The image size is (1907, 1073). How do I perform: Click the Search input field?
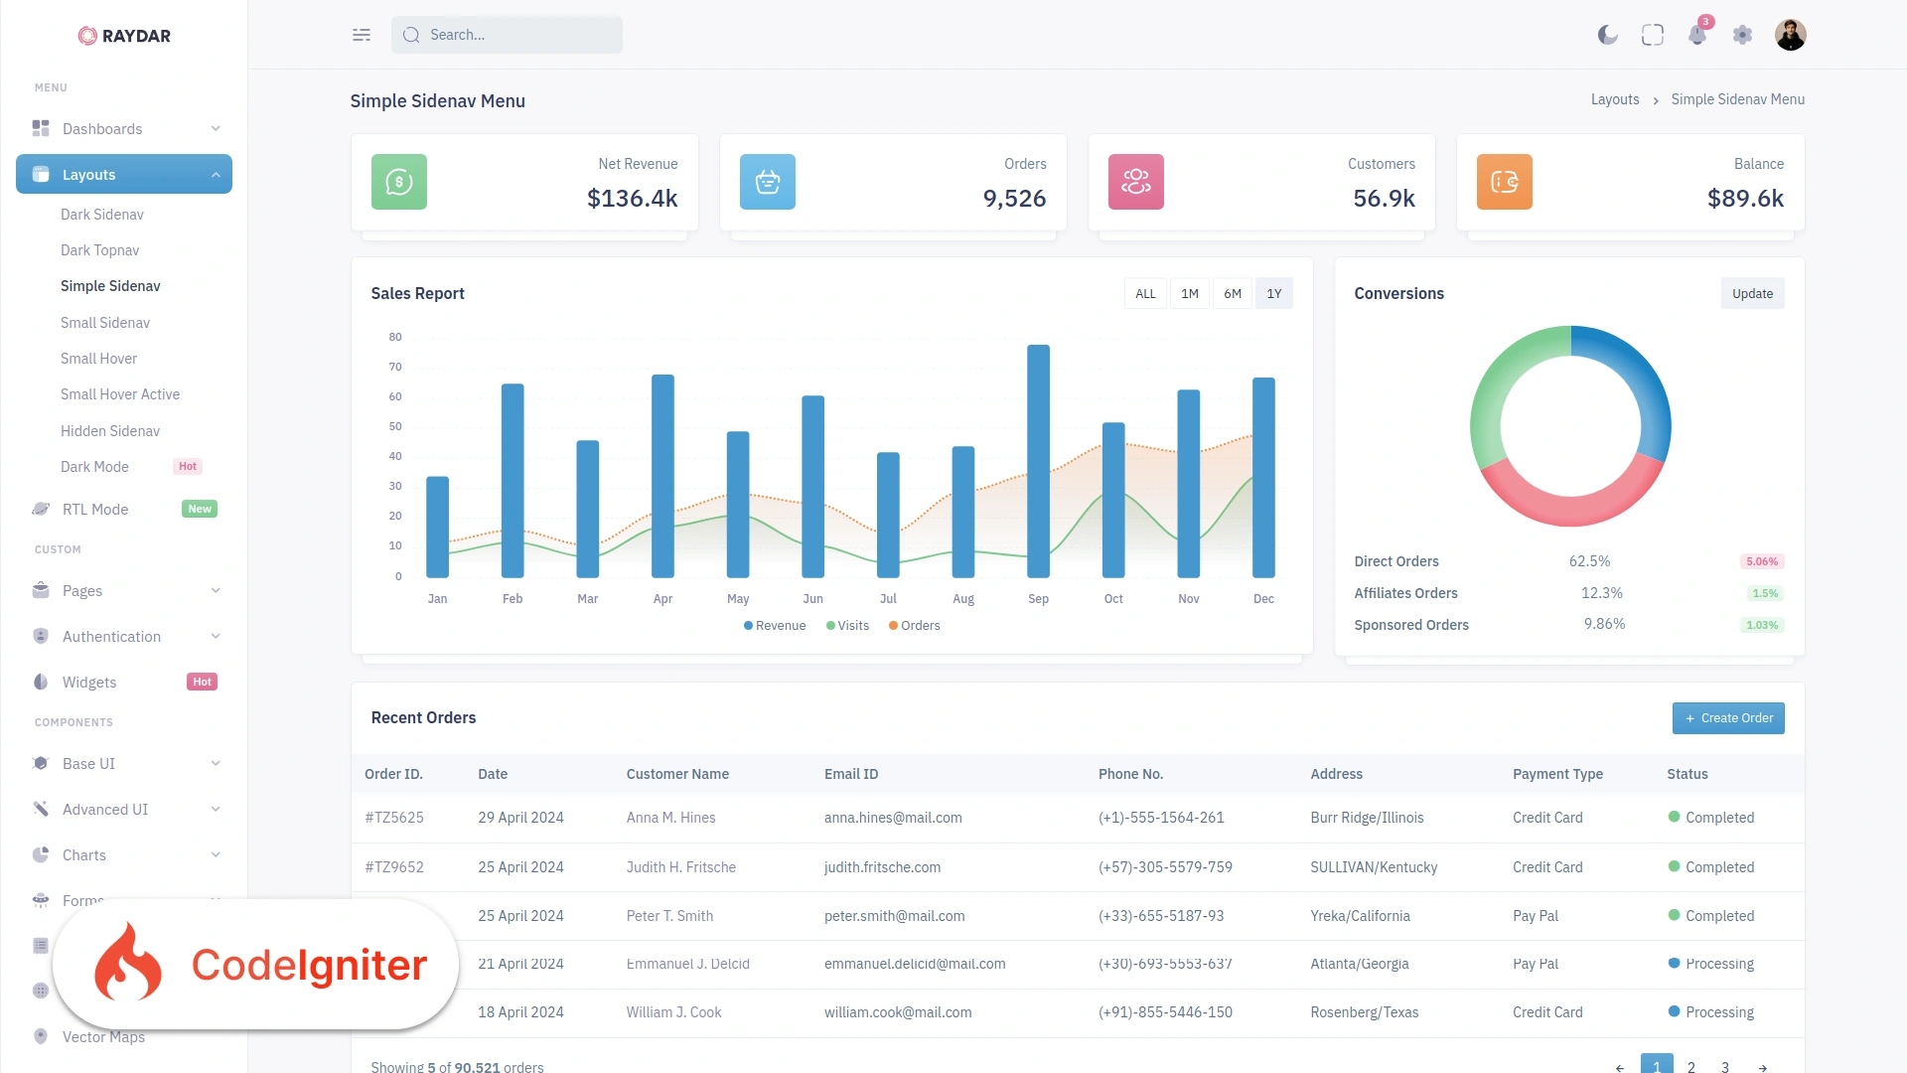click(507, 35)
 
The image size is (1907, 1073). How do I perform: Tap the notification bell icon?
click(1697, 35)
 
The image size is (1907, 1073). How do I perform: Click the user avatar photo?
click(1791, 35)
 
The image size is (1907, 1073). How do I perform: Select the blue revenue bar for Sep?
click(1038, 461)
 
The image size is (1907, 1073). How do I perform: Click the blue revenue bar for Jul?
click(888, 515)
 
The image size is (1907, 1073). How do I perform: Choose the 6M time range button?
click(1233, 293)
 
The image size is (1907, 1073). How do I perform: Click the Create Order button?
click(1728, 718)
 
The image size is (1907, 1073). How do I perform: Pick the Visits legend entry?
click(847, 626)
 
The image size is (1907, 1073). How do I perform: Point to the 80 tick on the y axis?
click(395, 337)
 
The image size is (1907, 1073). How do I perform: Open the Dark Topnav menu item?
click(100, 250)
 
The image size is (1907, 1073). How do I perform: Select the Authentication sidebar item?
click(111, 637)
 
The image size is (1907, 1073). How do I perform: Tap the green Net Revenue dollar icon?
click(399, 182)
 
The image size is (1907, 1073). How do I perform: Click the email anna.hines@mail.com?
click(893, 818)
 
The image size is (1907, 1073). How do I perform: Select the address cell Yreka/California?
click(1360, 916)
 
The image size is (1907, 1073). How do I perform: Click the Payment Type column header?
click(1557, 774)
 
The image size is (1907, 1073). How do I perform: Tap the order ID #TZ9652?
click(394, 867)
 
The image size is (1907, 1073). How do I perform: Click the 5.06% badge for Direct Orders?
click(1762, 561)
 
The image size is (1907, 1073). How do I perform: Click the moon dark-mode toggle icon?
click(1607, 35)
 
